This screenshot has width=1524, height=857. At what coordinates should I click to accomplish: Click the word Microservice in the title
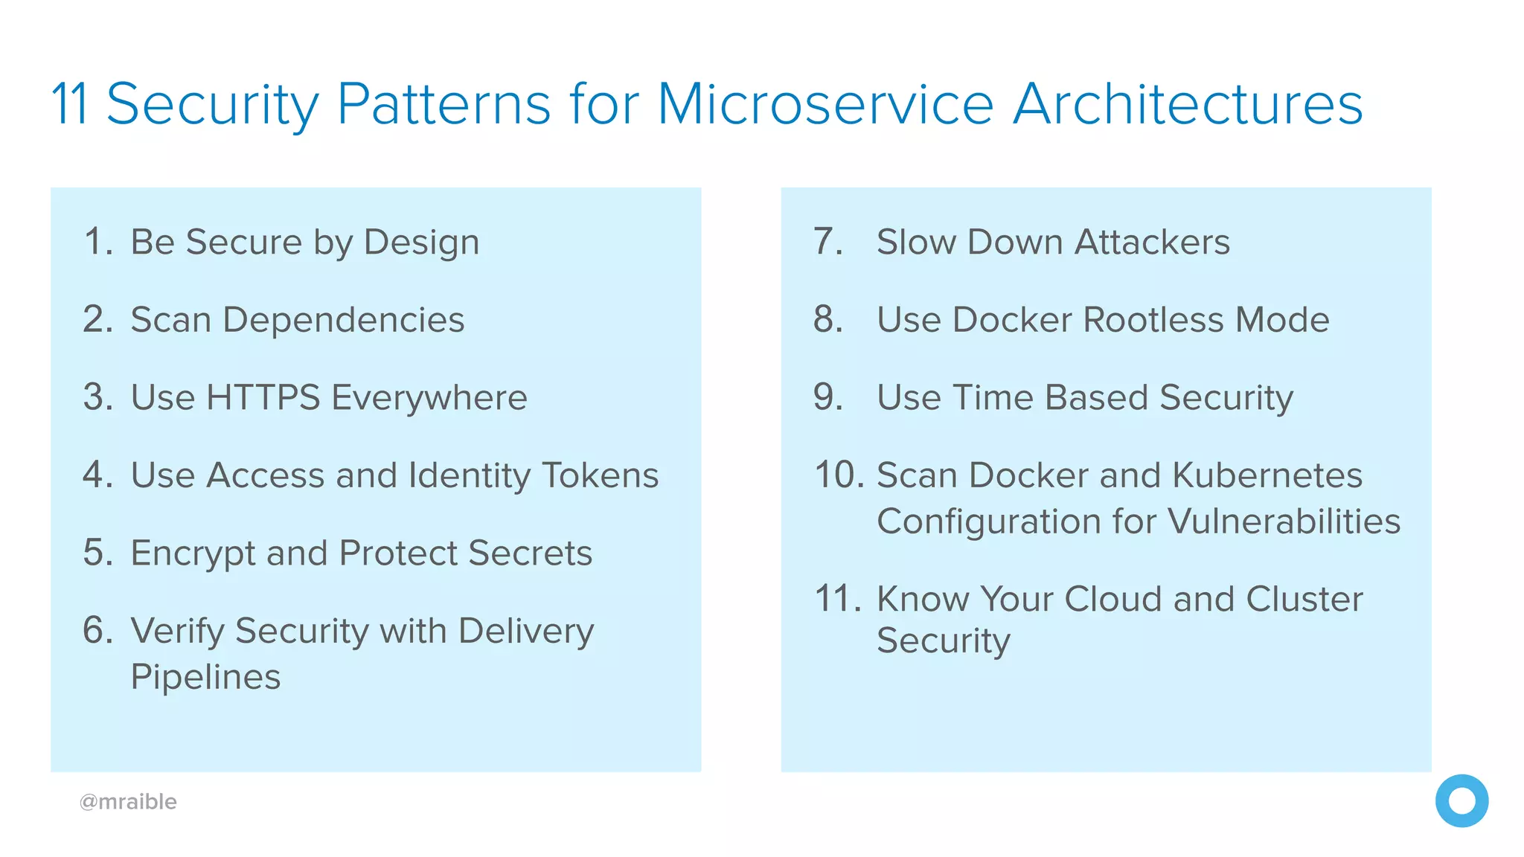(825, 104)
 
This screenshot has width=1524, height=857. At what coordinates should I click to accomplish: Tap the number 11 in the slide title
(70, 104)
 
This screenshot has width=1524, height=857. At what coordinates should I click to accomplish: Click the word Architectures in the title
(1188, 104)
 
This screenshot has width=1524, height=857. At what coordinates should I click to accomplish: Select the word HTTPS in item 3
(263, 397)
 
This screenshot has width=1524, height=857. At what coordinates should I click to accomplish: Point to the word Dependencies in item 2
(343, 320)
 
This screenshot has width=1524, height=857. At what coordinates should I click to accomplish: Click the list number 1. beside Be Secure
(98, 242)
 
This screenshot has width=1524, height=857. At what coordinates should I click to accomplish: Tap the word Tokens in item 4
(600, 475)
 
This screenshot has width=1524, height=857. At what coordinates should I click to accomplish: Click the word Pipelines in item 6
(205, 677)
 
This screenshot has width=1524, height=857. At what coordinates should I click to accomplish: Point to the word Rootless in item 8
(1153, 320)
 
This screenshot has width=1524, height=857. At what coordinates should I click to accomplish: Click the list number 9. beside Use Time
(827, 397)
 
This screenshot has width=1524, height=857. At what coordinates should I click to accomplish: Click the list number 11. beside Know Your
(838, 599)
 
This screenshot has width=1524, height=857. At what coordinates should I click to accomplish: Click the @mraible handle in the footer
(128, 802)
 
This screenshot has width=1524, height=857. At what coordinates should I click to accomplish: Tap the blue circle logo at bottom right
(1461, 801)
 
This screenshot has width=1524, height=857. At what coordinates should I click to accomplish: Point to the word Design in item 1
(421, 243)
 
